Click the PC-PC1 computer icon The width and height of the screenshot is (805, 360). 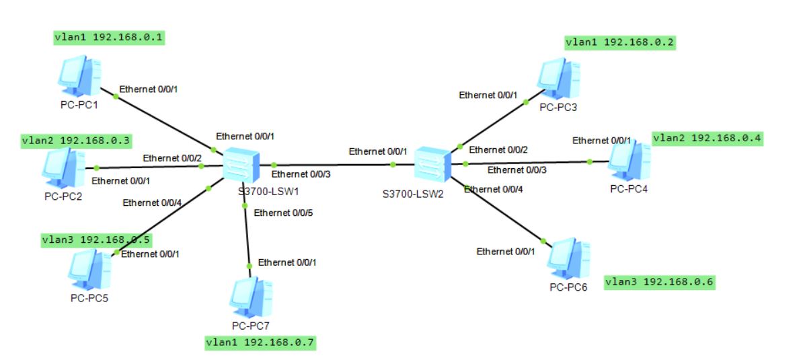(80, 77)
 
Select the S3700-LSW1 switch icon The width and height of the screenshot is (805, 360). (240, 164)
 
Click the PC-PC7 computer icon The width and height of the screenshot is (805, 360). (251, 298)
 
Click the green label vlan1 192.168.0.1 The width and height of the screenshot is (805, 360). (109, 37)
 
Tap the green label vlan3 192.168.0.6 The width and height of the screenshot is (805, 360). (659, 282)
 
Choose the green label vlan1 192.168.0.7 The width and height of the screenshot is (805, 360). (261, 343)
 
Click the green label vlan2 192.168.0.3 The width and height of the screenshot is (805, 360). (76, 141)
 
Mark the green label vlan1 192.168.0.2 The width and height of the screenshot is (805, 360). (620, 42)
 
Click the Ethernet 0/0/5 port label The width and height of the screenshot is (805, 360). (283, 213)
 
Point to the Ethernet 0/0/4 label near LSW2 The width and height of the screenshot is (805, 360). (493, 189)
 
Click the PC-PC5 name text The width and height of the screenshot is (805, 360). (89, 298)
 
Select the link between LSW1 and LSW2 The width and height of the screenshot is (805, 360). (333, 164)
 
